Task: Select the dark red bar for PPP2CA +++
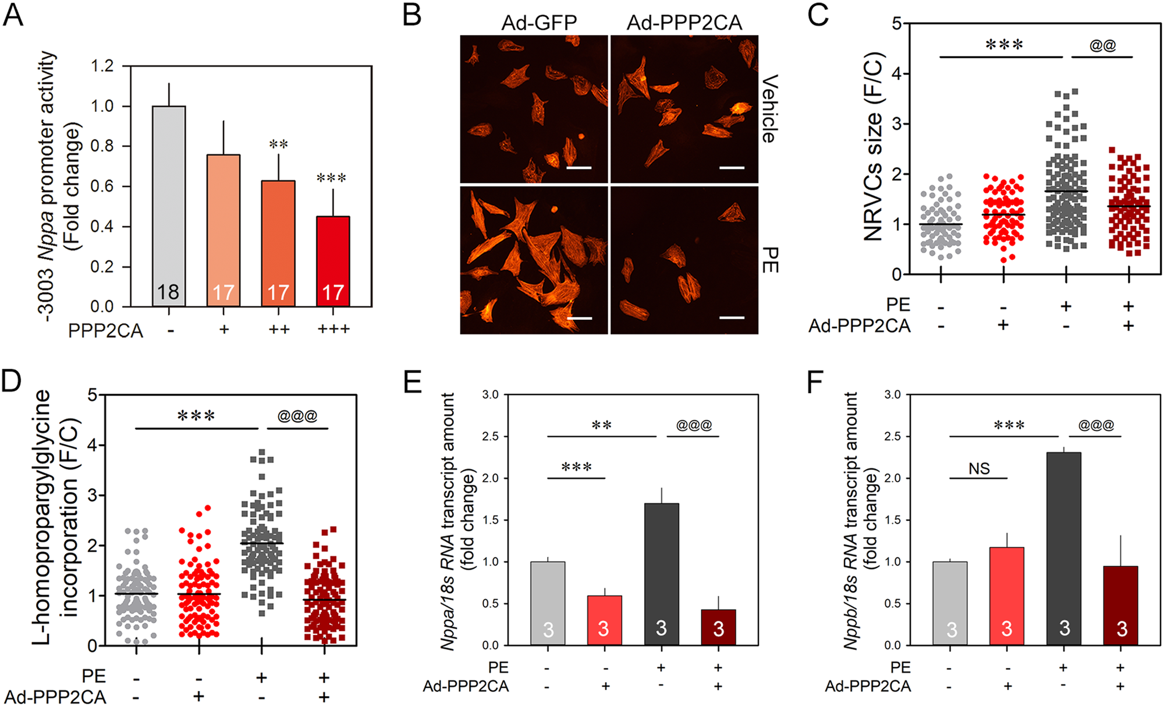(333, 262)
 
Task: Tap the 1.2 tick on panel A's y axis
(102, 66)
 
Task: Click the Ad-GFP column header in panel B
(539, 23)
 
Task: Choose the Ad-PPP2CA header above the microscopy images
(684, 23)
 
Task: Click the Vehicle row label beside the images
(769, 108)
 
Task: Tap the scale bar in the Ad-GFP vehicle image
(579, 168)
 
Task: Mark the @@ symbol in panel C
(1102, 45)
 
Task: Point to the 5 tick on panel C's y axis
(897, 24)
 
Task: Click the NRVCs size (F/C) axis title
(874, 146)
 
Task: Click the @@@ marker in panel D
(297, 416)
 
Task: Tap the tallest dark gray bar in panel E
(661, 574)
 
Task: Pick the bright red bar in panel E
(604, 620)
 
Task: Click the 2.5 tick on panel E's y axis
(491, 436)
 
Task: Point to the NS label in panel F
(979, 468)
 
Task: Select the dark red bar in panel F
(1120, 606)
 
